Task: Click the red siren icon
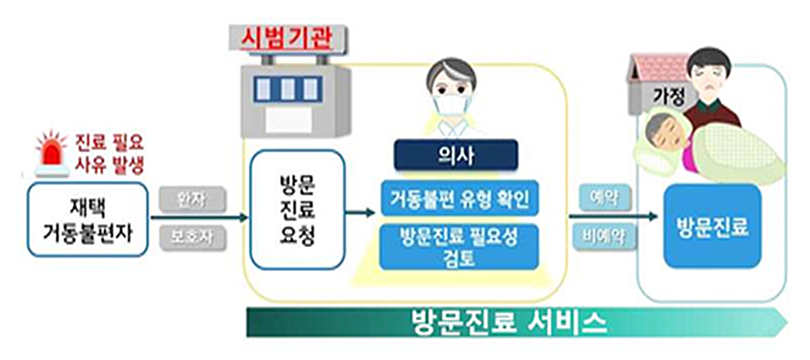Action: [x=52, y=153]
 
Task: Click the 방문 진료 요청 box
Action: [x=294, y=209]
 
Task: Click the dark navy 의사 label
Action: [x=456, y=154]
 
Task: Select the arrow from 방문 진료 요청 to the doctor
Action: [x=359, y=213]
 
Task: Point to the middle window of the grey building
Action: [x=290, y=89]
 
